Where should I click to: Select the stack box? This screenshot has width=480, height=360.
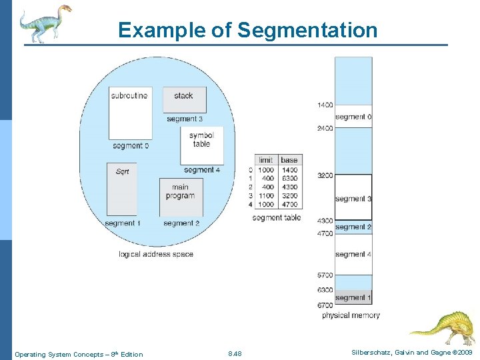click(184, 99)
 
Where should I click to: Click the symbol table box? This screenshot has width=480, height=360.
click(201, 145)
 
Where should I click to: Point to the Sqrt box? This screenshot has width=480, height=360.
click(121, 189)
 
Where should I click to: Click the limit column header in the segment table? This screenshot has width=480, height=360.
click(265, 160)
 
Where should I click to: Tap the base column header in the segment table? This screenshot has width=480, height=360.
click(289, 160)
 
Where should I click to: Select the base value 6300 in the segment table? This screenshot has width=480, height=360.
click(289, 179)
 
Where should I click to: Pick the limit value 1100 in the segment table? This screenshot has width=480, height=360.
click(266, 196)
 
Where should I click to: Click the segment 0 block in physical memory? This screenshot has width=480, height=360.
click(353, 117)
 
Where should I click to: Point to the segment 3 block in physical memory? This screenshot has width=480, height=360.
click(353, 197)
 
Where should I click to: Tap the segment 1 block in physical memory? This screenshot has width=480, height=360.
click(353, 297)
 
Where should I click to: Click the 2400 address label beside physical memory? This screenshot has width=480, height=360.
click(325, 128)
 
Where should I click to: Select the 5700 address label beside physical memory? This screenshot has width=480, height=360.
click(325, 275)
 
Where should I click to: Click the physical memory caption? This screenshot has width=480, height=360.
click(351, 315)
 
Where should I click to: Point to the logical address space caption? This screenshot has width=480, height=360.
click(156, 254)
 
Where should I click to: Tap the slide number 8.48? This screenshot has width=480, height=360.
click(235, 354)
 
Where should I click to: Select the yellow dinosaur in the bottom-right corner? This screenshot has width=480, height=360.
click(441, 327)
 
